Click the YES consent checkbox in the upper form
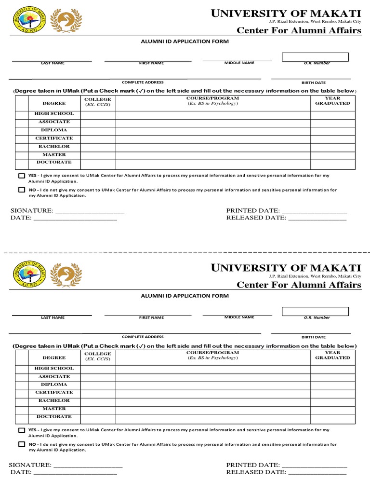[x=22, y=176]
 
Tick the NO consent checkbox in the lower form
[x=22, y=444]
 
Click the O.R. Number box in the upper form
[x=315, y=57]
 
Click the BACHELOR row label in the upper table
[x=54, y=147]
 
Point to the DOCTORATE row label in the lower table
[x=54, y=417]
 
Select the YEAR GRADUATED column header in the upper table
[x=332, y=101]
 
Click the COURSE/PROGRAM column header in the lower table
[x=212, y=356]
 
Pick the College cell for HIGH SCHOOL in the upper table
[x=98, y=115]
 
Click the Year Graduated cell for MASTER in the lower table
[x=332, y=410]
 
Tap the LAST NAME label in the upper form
[x=53, y=63]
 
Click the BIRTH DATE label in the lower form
[x=313, y=337]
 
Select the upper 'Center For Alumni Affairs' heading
[x=299, y=31]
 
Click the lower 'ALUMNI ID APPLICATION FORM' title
[x=184, y=295]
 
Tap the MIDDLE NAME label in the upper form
[x=239, y=63]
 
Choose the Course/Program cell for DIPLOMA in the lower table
[x=212, y=385]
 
